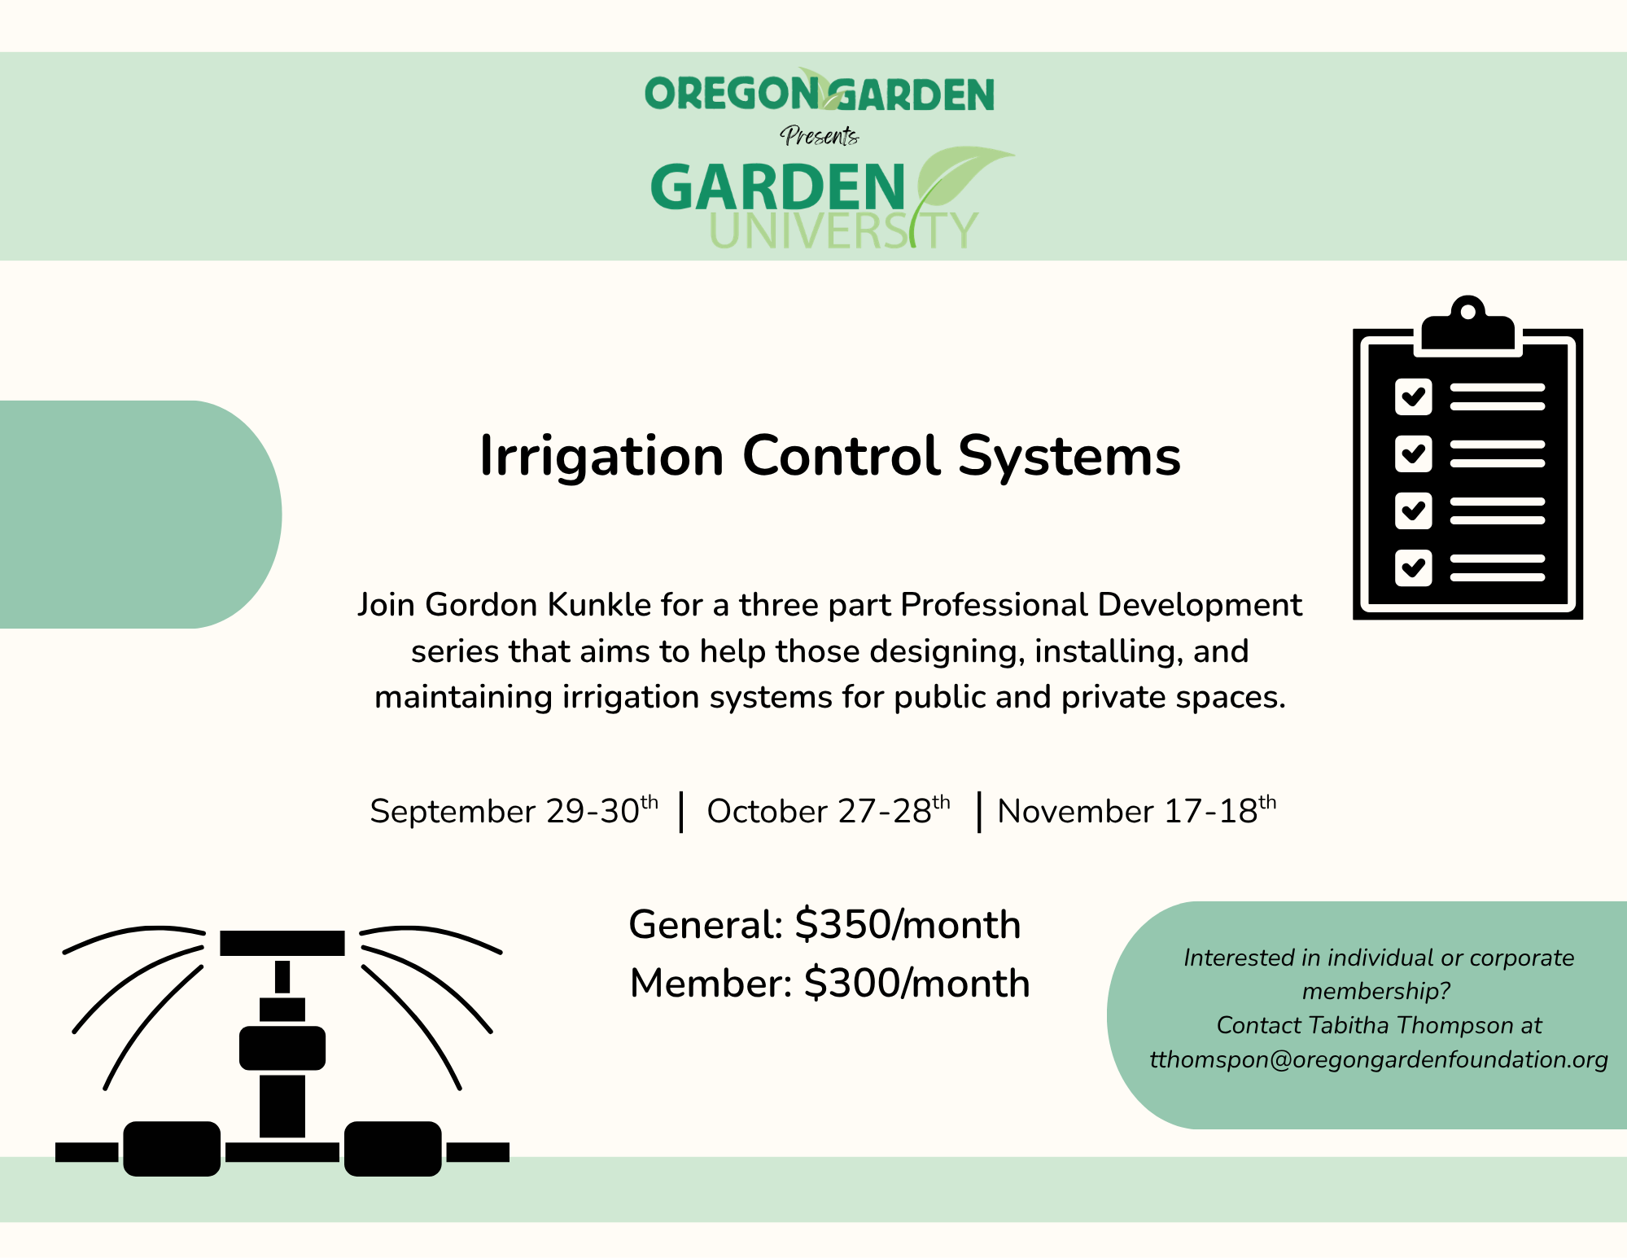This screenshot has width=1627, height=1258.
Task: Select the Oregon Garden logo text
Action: coord(820,92)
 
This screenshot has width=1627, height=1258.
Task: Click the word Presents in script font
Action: coord(820,135)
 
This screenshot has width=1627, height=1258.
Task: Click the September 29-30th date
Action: coord(514,811)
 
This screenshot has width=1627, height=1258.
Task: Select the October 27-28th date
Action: coord(829,811)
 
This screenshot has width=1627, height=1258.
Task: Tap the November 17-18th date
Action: coord(1137,811)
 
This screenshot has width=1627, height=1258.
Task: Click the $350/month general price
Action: coord(908,925)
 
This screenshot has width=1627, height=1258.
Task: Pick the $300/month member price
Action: coord(917,984)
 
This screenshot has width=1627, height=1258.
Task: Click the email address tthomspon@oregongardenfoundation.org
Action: coord(1379,1059)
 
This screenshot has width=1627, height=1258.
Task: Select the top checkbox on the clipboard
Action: coord(1413,397)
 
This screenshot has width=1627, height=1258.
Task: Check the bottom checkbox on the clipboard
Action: coord(1413,568)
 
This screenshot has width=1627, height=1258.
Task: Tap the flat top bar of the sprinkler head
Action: coord(282,943)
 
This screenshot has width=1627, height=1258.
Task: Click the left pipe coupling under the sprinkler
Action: coord(172,1149)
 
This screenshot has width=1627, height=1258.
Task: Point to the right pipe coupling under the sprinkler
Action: coord(393,1149)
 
